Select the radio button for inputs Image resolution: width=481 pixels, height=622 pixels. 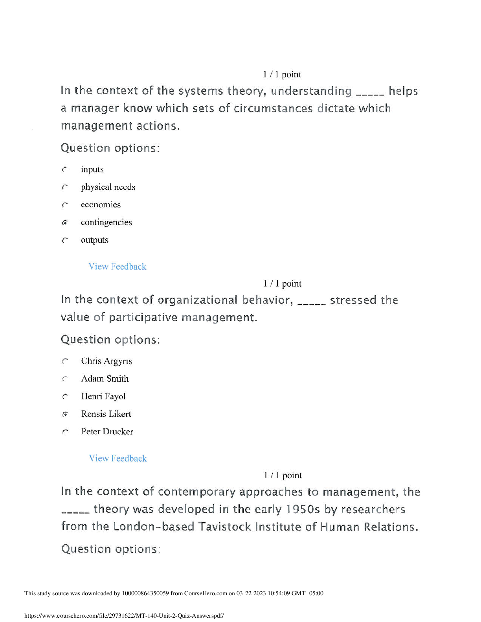point(65,170)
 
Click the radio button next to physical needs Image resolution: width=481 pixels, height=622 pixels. point(65,187)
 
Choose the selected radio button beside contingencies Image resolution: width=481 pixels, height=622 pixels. point(65,223)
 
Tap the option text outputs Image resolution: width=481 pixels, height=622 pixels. point(94,240)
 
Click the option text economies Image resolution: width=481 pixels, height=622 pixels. point(101,205)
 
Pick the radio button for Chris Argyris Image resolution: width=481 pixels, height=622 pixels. point(65,361)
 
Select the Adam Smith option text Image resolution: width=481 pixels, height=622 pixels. point(105,379)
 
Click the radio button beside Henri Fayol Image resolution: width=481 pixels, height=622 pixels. point(65,397)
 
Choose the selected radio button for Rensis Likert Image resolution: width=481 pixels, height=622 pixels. point(65,414)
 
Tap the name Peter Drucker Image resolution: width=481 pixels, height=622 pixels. point(107,432)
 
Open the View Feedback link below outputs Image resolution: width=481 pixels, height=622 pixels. point(117,267)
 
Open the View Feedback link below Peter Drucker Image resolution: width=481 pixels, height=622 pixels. point(117,458)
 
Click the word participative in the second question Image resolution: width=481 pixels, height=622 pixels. point(143,317)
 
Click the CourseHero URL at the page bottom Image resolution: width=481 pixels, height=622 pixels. point(124,616)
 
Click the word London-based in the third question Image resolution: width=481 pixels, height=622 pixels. point(153,527)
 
